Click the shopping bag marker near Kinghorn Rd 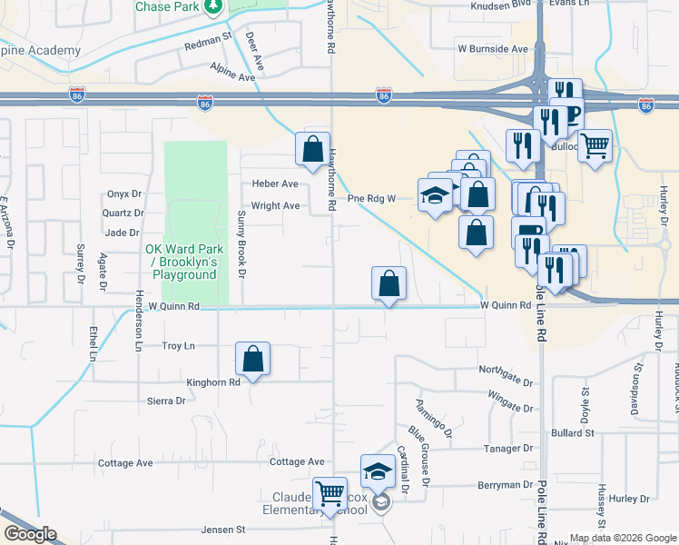pyautogui.click(x=253, y=360)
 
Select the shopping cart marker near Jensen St pyautogui.click(x=330, y=495)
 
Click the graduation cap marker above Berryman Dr pyautogui.click(x=378, y=471)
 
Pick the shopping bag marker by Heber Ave pyautogui.click(x=312, y=149)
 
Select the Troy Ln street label pyautogui.click(x=178, y=346)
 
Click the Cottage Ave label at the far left pyautogui.click(x=125, y=462)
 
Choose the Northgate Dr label pyautogui.click(x=506, y=370)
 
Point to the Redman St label pyautogui.click(x=209, y=42)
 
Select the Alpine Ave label pyautogui.click(x=232, y=78)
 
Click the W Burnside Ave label pyautogui.click(x=493, y=48)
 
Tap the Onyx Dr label pyautogui.click(x=125, y=193)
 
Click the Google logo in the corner pyautogui.click(x=29, y=534)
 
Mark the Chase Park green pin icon pyautogui.click(x=212, y=7)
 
